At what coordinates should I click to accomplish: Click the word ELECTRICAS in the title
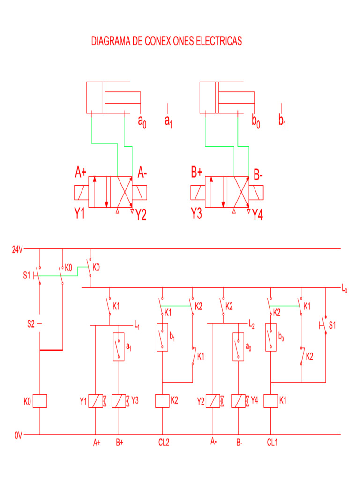pyautogui.click(x=218, y=41)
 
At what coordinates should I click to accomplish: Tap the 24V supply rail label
pyautogui.click(x=17, y=249)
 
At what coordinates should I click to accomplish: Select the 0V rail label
pyautogui.click(x=18, y=435)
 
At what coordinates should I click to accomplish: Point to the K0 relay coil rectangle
pyautogui.click(x=39, y=401)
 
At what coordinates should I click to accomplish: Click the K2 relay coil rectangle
pyautogui.click(x=162, y=401)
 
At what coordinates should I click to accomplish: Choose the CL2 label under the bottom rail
pyautogui.click(x=164, y=442)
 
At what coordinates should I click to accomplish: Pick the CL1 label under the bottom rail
pyautogui.click(x=272, y=442)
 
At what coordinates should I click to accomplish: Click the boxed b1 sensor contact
pyautogui.click(x=162, y=337)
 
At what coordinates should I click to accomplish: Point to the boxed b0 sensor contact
pyautogui.click(x=271, y=337)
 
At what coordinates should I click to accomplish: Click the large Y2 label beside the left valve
pyautogui.click(x=141, y=215)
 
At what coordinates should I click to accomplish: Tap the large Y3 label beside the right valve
pyautogui.click(x=196, y=214)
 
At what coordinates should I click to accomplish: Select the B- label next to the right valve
pyautogui.click(x=258, y=176)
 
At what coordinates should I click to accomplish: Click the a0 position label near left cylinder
pyautogui.click(x=142, y=121)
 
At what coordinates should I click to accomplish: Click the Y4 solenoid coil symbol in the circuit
pyautogui.click(x=239, y=401)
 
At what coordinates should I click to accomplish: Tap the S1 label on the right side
pyautogui.click(x=332, y=324)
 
